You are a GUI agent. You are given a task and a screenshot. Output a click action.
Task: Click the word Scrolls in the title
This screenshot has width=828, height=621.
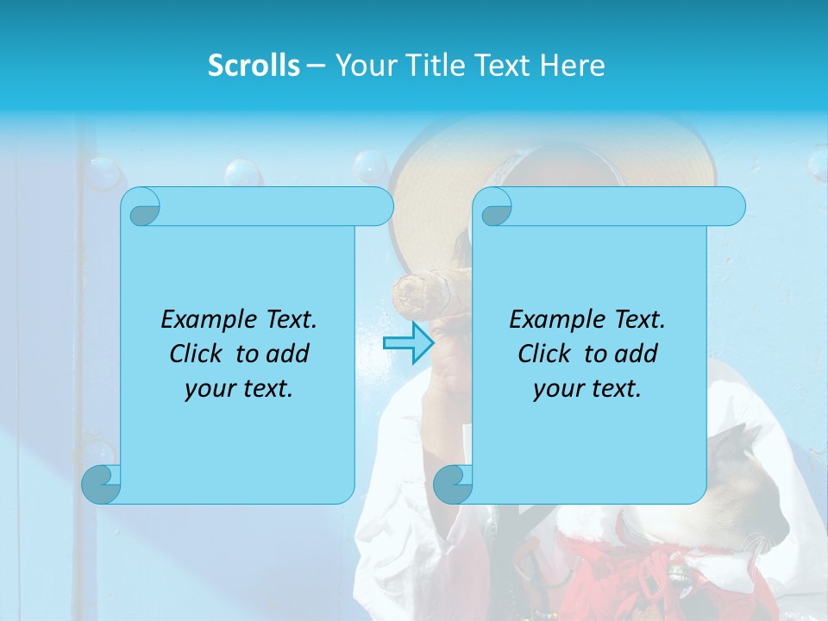coord(254,66)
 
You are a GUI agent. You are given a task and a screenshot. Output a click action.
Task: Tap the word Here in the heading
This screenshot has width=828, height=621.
coord(572,66)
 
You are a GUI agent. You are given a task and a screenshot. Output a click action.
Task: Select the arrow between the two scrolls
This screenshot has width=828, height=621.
coord(408,343)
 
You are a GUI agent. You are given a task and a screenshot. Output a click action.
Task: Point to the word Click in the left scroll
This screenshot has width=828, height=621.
coord(198,354)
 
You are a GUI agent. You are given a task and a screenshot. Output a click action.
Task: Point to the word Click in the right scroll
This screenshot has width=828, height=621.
coord(547,354)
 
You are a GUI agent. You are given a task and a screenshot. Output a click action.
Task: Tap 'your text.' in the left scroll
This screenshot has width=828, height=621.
coord(238,388)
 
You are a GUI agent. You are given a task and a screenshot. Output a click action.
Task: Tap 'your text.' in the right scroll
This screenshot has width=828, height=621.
coord(586,388)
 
